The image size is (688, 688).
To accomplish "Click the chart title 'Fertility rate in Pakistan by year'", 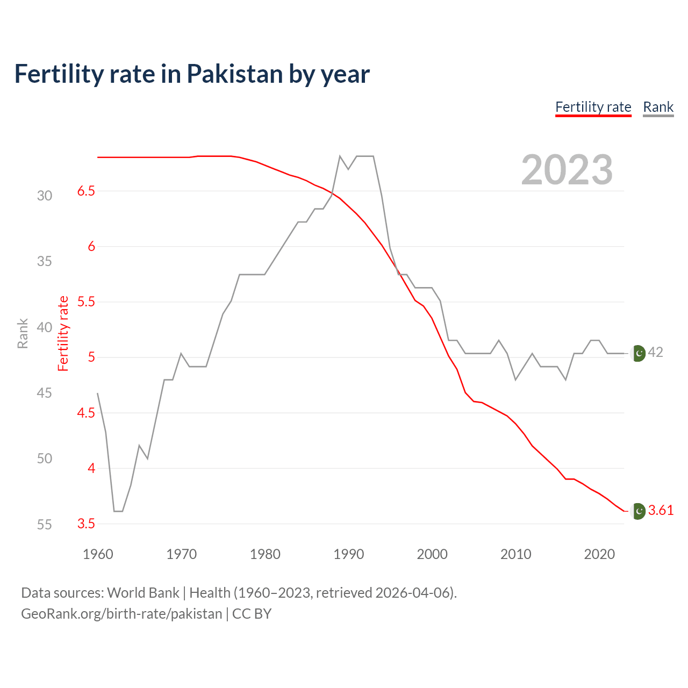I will [x=192, y=74].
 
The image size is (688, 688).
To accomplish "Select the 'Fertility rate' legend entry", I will [x=593, y=107].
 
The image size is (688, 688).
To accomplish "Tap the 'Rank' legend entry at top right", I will [x=658, y=107].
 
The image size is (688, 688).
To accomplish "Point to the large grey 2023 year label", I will [x=567, y=170].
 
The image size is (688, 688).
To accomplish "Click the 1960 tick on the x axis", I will [x=98, y=554].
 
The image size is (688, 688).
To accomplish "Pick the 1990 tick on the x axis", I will [x=349, y=554].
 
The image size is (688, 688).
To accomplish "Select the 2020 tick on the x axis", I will [x=599, y=554].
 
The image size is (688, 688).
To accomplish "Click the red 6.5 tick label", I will [x=86, y=191].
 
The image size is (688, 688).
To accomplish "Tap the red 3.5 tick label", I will [x=86, y=524].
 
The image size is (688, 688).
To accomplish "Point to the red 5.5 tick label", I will [x=86, y=302].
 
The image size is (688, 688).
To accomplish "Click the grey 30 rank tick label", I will [x=45, y=196].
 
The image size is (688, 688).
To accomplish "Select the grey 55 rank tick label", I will [x=45, y=525].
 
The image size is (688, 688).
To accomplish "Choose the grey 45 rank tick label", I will [x=45, y=393].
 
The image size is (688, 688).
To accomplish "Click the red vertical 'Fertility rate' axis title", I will [x=63, y=333].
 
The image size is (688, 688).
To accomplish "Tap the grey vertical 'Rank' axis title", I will [x=23, y=333].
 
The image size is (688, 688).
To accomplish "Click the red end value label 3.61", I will [x=661, y=510].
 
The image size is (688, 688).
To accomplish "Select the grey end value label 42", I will [x=655, y=352].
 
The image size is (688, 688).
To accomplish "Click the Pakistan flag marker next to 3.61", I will [x=638, y=511].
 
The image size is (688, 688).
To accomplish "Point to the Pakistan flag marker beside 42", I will [x=638, y=353].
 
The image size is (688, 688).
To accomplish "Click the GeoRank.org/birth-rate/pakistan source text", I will [x=121, y=614].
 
